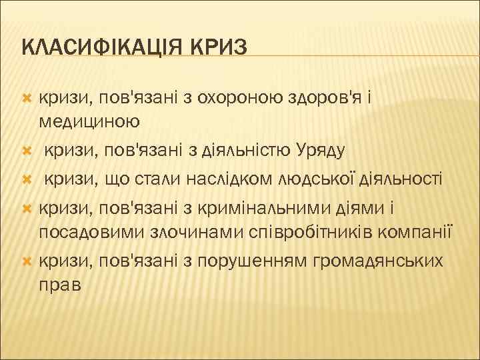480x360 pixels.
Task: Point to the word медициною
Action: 89,121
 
